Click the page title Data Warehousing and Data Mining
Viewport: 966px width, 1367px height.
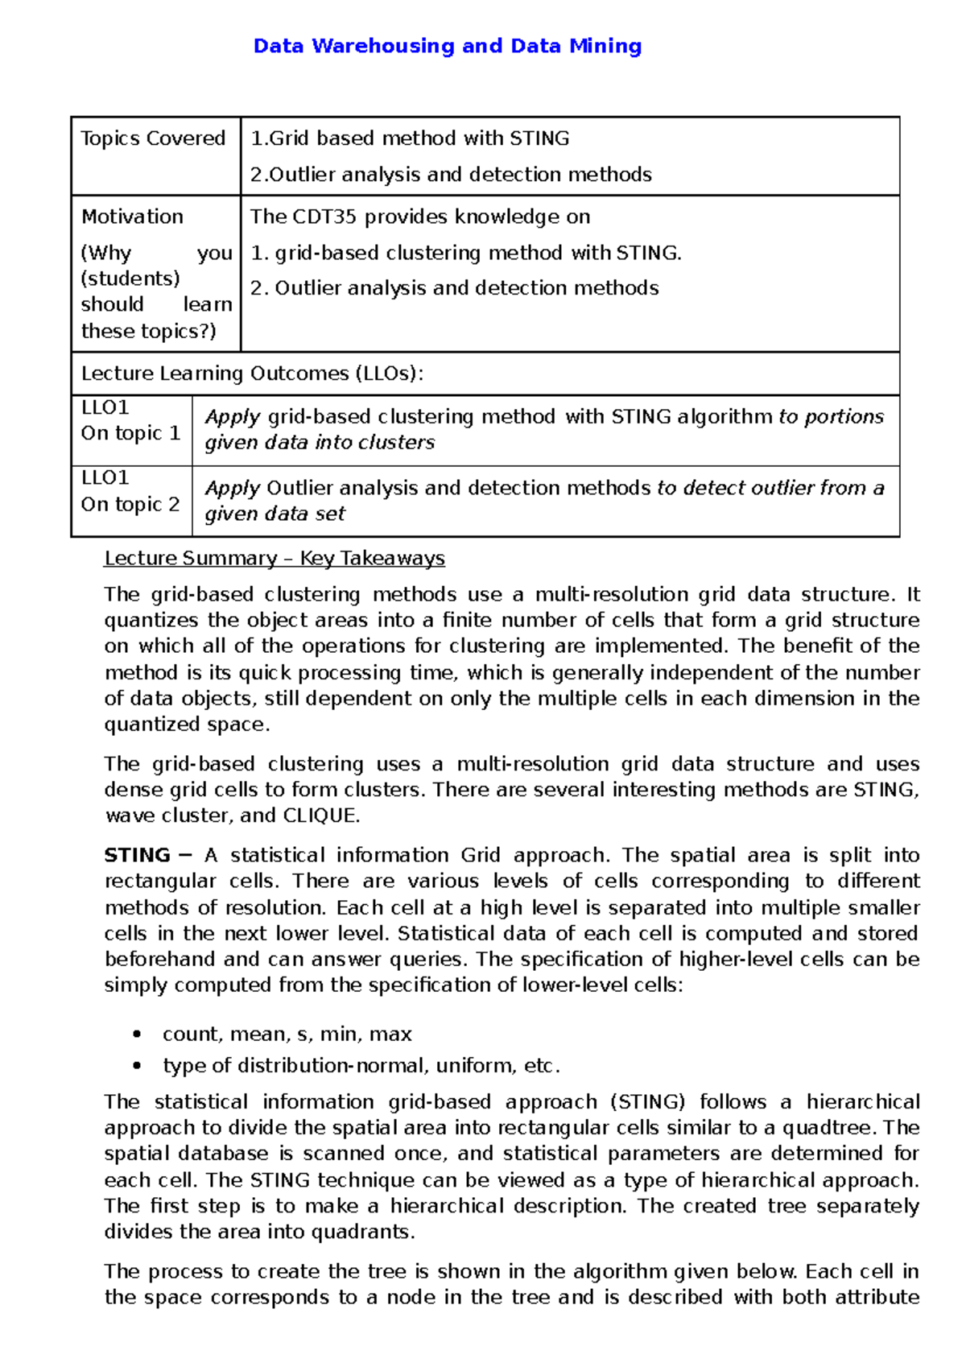[x=447, y=46]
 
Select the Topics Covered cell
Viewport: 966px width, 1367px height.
[x=153, y=138]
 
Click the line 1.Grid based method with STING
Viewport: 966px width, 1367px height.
[x=410, y=138]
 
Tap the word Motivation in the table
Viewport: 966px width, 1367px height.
[x=132, y=217]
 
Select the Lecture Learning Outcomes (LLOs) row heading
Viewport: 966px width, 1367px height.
[x=252, y=374]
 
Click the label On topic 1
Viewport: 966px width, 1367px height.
[x=130, y=433]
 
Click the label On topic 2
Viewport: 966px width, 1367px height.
[x=130, y=505]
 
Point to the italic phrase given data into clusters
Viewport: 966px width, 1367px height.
[x=320, y=443]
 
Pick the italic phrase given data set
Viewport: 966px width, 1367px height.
[x=275, y=514]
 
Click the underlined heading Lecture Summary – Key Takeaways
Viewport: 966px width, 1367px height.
[x=275, y=558]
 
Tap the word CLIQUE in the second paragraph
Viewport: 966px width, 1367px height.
[x=319, y=816]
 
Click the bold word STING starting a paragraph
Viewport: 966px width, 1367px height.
[x=137, y=855]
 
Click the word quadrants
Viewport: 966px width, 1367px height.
[x=361, y=1232]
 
